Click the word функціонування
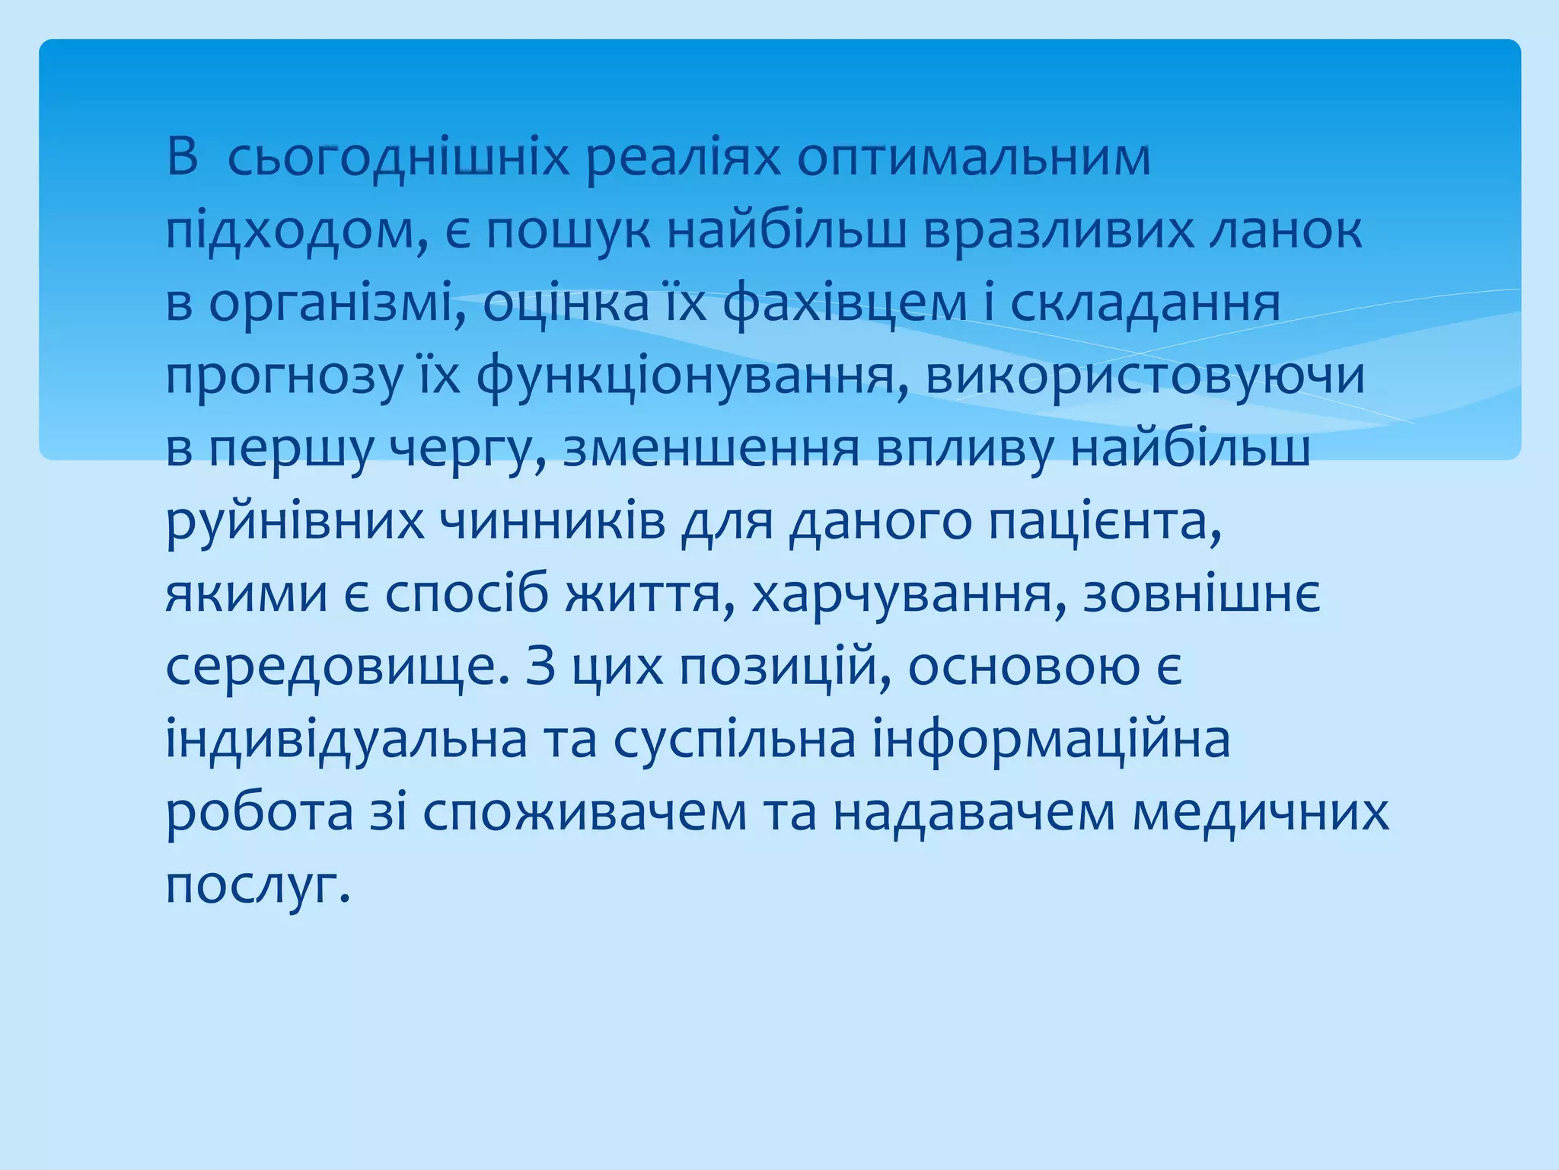[693, 377]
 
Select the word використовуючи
[1146, 377]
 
